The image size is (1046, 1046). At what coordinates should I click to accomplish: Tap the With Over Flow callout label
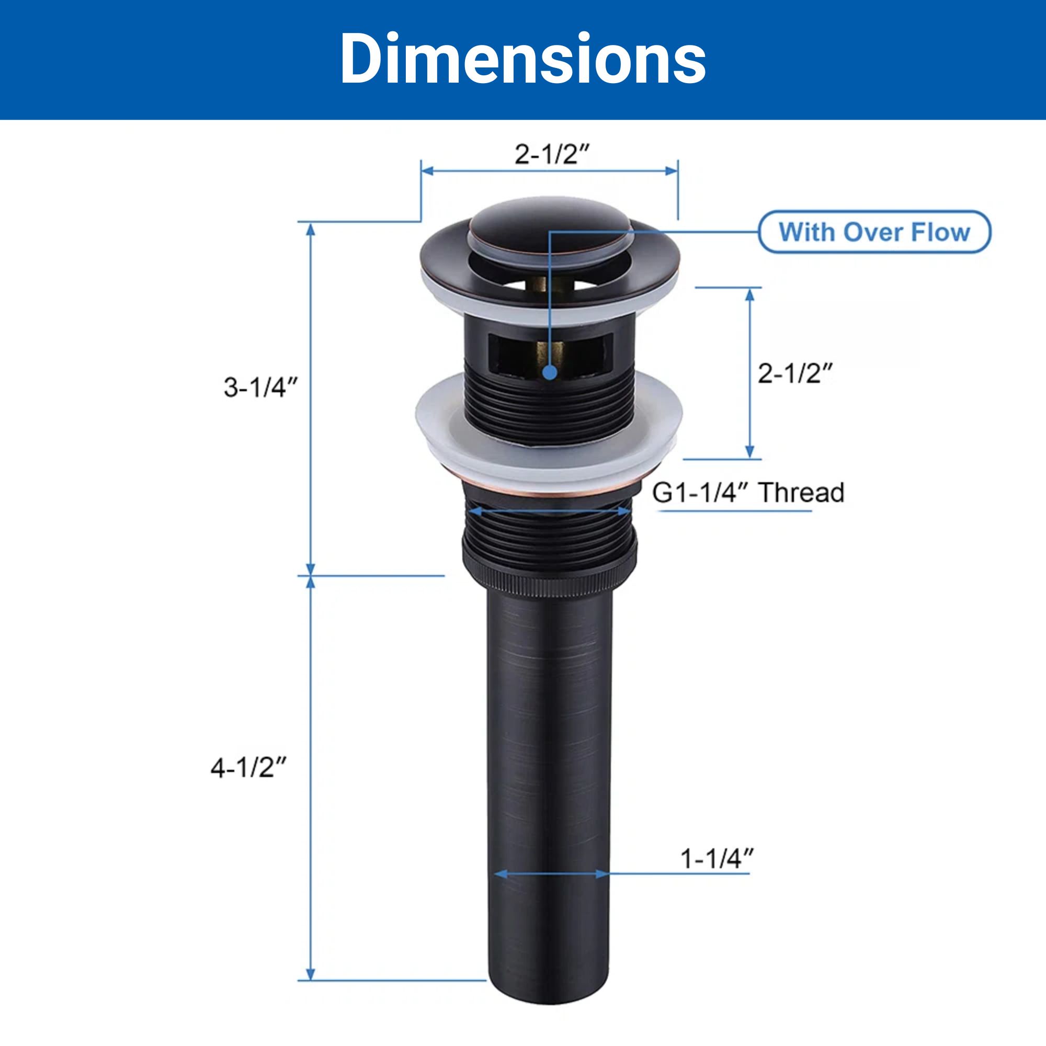pos(874,232)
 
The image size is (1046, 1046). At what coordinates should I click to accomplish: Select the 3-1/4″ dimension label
pos(261,388)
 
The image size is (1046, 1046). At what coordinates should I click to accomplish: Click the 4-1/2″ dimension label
pos(248,768)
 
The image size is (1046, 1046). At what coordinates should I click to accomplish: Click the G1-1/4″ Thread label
pos(748,493)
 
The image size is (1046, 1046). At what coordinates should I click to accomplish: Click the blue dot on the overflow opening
pos(550,371)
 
